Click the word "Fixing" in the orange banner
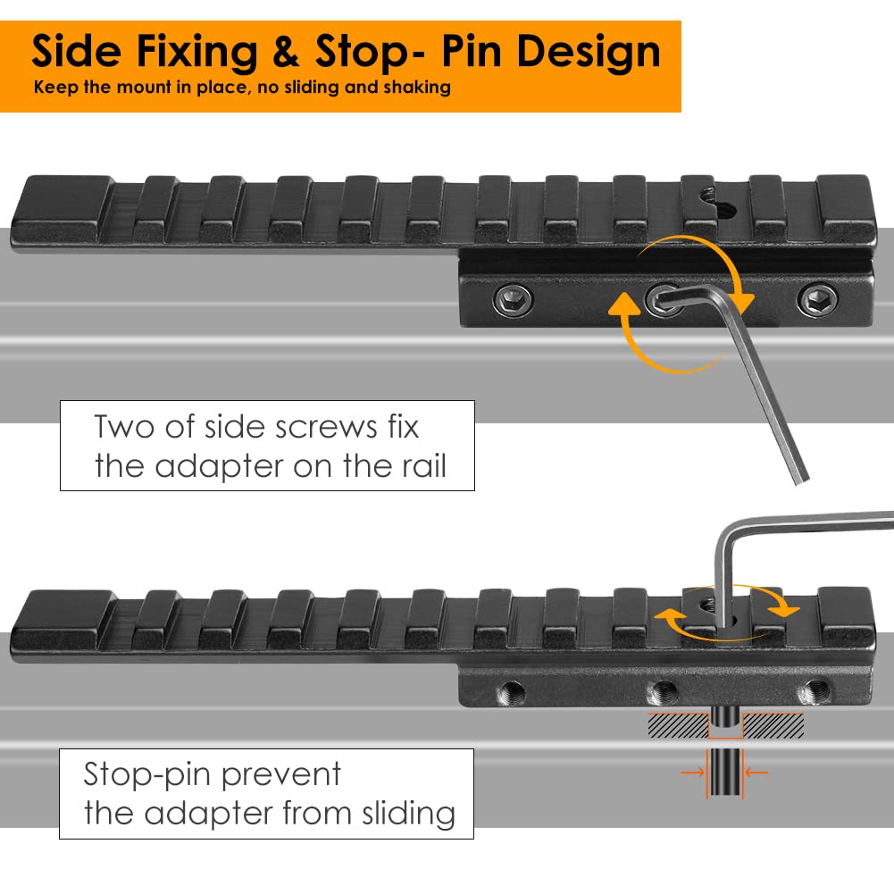coord(197,54)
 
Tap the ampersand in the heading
coord(286,51)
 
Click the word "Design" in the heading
coord(589,54)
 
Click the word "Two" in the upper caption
coord(124,427)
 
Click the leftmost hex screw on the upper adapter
coord(513,299)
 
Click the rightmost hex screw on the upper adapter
coord(818,299)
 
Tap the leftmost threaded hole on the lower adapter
coord(511,693)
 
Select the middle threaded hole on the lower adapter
coord(663,693)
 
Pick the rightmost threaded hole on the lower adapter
coord(815,692)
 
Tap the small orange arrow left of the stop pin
coord(693,773)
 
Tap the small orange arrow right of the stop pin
coord(756,773)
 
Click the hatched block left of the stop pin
coord(677,725)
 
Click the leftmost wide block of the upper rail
coord(62,208)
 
